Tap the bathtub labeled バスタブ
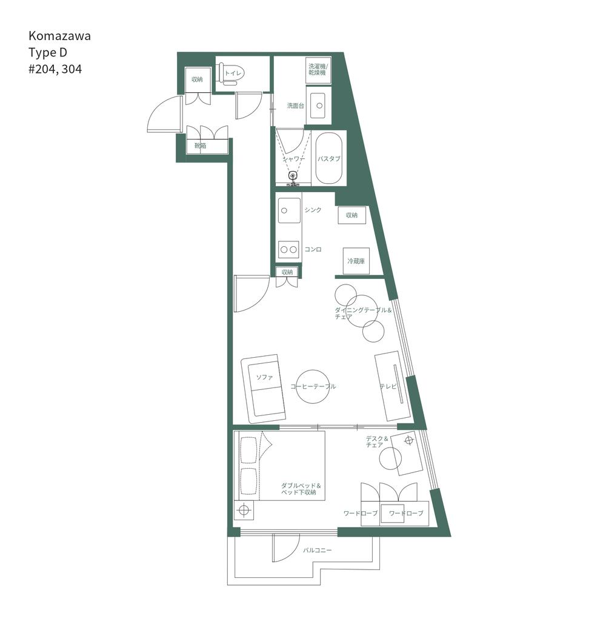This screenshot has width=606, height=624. [x=329, y=158]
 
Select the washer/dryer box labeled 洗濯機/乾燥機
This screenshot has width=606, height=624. [x=318, y=70]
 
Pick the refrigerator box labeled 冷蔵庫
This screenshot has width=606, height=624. [x=356, y=261]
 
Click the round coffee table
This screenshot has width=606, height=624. [x=313, y=386]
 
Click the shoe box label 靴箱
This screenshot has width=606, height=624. [x=199, y=146]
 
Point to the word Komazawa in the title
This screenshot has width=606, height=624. [x=59, y=36]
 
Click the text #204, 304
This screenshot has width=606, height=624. [x=55, y=69]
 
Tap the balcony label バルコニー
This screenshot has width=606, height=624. [x=318, y=551]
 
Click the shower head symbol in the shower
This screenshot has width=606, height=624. [x=293, y=176]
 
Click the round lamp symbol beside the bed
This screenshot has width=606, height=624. [x=244, y=509]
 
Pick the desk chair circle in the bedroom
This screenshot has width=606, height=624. [x=391, y=458]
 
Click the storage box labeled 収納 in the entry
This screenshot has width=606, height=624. [x=197, y=79]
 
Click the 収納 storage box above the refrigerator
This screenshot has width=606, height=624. [x=352, y=215]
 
